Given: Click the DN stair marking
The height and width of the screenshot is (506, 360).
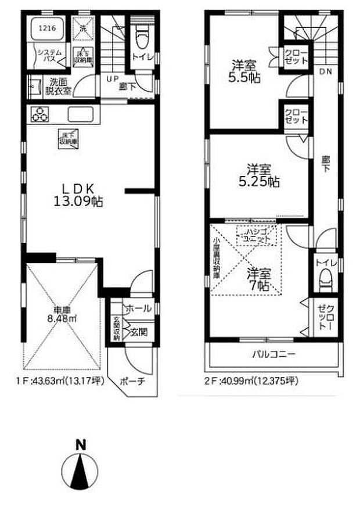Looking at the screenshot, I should pos(325,72).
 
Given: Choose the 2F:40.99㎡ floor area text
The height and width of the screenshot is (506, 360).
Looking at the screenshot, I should pos(252,382).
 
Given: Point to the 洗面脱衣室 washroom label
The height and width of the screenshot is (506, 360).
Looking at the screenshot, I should pos(59,87).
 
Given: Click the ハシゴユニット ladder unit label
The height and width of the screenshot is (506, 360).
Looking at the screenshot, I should pos(256,235).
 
